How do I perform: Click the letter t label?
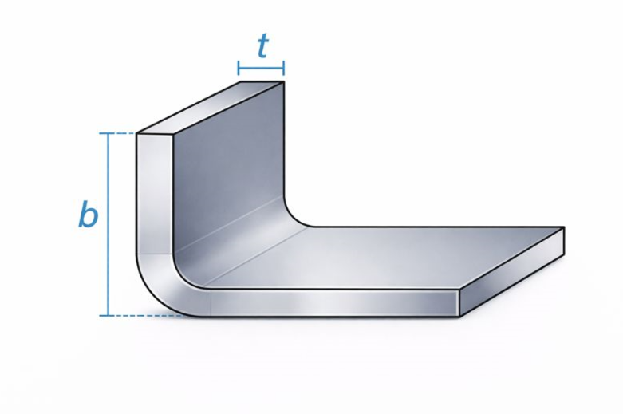click(263, 46)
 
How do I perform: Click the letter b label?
click(88, 215)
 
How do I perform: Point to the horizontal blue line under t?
click(261, 68)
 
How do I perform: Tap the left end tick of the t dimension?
click(239, 68)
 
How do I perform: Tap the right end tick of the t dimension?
click(283, 68)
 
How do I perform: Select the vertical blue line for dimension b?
click(108, 224)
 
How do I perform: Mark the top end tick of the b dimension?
click(108, 133)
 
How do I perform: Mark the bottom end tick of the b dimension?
click(108, 316)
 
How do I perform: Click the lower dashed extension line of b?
click(147, 316)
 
